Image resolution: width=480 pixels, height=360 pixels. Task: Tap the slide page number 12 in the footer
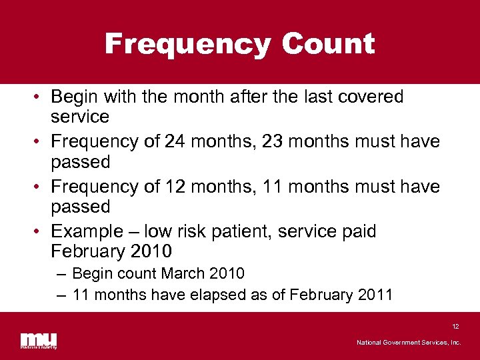pyautogui.click(x=455, y=327)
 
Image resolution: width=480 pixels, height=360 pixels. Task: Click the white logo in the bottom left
pyautogui.click(x=38, y=340)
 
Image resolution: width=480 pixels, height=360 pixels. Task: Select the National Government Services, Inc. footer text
pyautogui.click(x=408, y=343)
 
